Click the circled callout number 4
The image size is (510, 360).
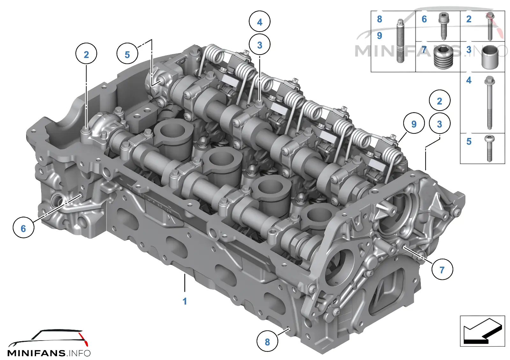[x=259, y=21]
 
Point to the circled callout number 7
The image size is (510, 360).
[x=442, y=269]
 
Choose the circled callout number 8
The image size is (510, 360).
[x=267, y=341]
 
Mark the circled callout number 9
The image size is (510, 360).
[x=414, y=123]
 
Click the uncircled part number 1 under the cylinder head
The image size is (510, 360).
[x=185, y=301]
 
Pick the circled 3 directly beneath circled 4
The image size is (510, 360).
[x=259, y=45]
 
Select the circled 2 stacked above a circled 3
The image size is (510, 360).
[x=440, y=100]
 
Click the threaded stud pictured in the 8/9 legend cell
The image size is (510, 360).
[x=400, y=41]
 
